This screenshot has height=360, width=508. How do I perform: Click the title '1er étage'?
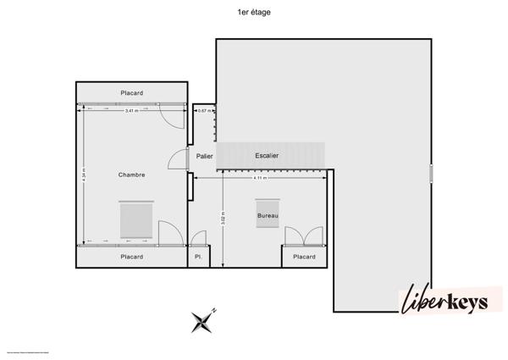point(254,13)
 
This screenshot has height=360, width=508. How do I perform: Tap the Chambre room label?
point(131,175)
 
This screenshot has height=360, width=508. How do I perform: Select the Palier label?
point(204,156)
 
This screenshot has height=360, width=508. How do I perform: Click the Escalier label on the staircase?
point(267,156)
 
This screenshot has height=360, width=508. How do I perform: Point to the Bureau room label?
point(268,216)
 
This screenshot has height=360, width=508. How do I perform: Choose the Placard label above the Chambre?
point(131,92)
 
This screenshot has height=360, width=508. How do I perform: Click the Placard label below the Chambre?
point(131,257)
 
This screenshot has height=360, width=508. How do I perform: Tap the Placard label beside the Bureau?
point(304,257)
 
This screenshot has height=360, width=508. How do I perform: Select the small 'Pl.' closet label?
point(198,257)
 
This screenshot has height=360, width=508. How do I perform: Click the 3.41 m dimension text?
point(131,110)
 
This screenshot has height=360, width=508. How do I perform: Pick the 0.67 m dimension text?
point(203,110)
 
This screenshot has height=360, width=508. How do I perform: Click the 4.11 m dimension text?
point(260,178)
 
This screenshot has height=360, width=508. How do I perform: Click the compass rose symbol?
point(203,319)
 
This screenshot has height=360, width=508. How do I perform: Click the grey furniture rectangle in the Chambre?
point(135,220)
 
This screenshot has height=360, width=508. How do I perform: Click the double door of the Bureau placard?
point(304,235)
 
